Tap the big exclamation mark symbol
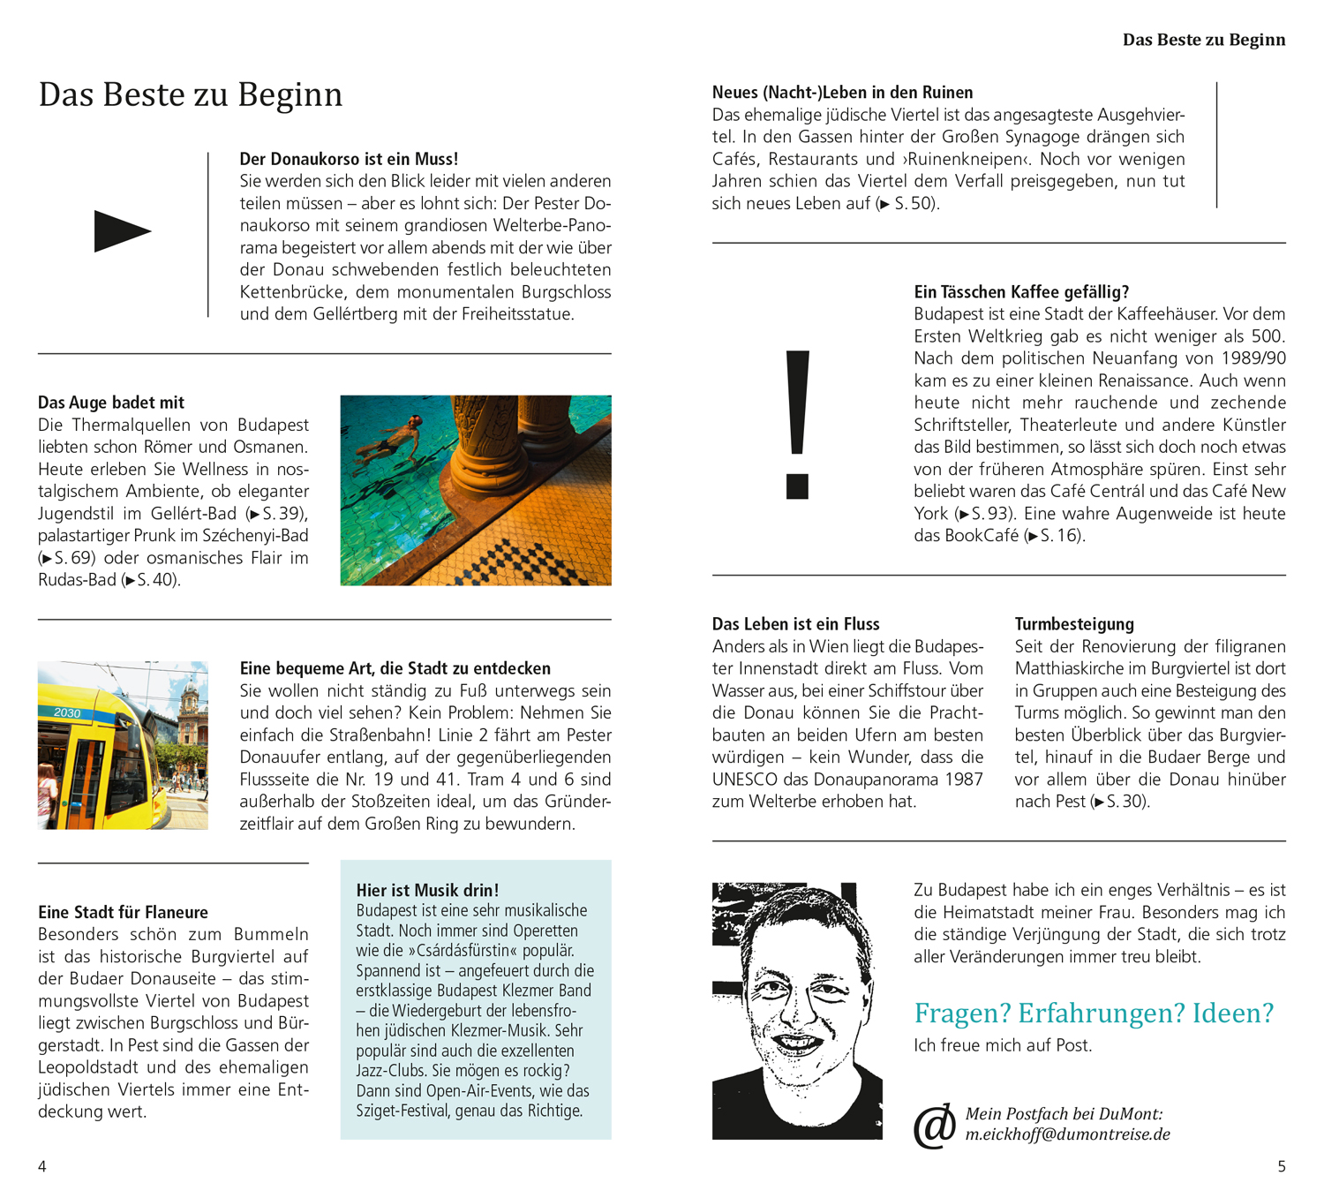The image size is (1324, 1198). tap(797, 424)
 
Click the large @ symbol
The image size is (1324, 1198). tap(935, 1126)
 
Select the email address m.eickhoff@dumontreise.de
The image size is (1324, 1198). tap(1067, 1134)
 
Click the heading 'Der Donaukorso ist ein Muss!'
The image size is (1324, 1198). tap(349, 159)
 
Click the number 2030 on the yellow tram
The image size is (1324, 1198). tap(67, 712)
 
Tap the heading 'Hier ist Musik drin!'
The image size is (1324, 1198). tap(427, 890)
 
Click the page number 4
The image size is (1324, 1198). tap(42, 1166)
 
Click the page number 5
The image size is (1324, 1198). tap(1282, 1166)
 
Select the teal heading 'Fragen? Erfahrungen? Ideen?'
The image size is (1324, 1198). tap(1094, 1013)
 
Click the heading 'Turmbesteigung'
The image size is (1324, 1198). tap(1074, 624)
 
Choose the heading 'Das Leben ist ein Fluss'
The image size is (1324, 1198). tap(795, 624)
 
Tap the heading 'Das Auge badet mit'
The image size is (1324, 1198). tap(111, 403)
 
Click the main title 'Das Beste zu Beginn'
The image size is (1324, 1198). tap(191, 94)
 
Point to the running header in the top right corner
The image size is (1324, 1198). tap(1204, 40)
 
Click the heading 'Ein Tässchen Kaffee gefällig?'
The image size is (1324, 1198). tap(1021, 292)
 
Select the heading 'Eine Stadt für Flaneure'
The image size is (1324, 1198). tap(123, 912)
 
